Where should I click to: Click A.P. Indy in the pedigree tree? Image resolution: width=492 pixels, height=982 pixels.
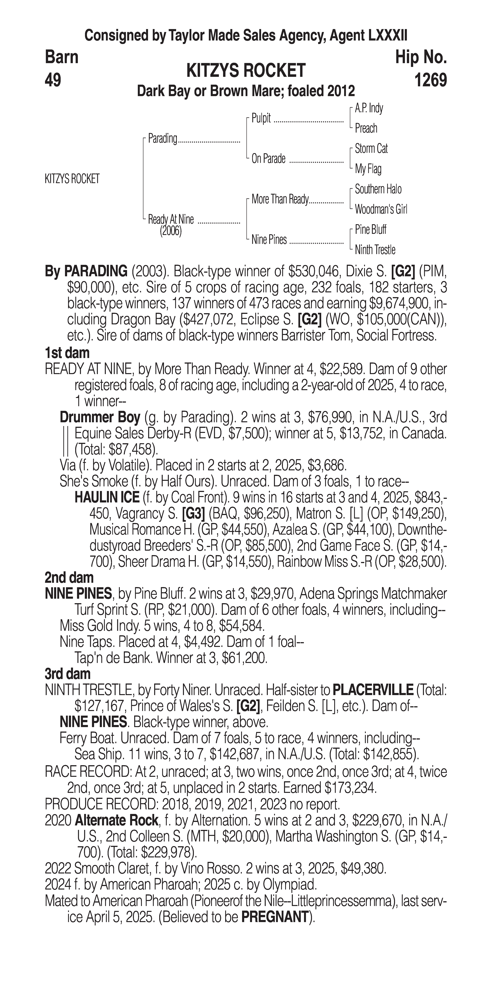click(x=368, y=108)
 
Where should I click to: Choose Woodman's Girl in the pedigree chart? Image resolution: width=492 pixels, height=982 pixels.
click(x=381, y=209)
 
